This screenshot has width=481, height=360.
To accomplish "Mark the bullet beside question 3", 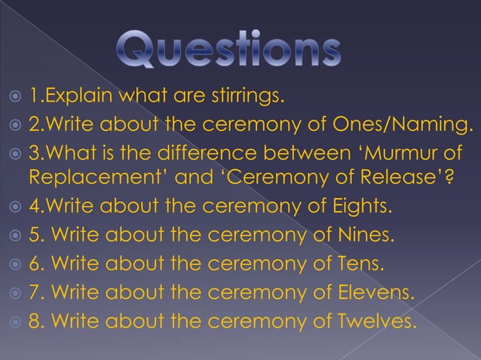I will pos(13,154).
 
